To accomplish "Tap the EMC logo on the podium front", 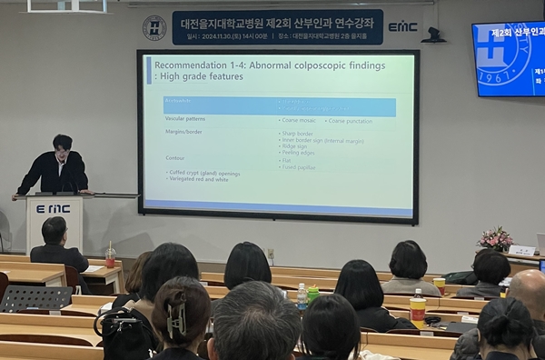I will (53, 208).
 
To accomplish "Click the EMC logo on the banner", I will (401, 27).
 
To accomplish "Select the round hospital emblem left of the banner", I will (154, 27).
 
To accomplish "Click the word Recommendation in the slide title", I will (188, 65).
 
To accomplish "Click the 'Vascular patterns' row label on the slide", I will (184, 119).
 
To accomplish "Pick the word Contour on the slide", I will (174, 158).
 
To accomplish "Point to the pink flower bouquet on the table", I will (495, 239).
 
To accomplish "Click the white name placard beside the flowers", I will (521, 250).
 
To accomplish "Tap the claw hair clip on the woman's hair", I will (176, 319).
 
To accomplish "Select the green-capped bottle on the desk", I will (313, 294).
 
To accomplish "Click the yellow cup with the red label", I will (418, 309).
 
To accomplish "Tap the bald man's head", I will (528, 289).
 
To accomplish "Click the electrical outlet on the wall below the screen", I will (270, 254).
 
